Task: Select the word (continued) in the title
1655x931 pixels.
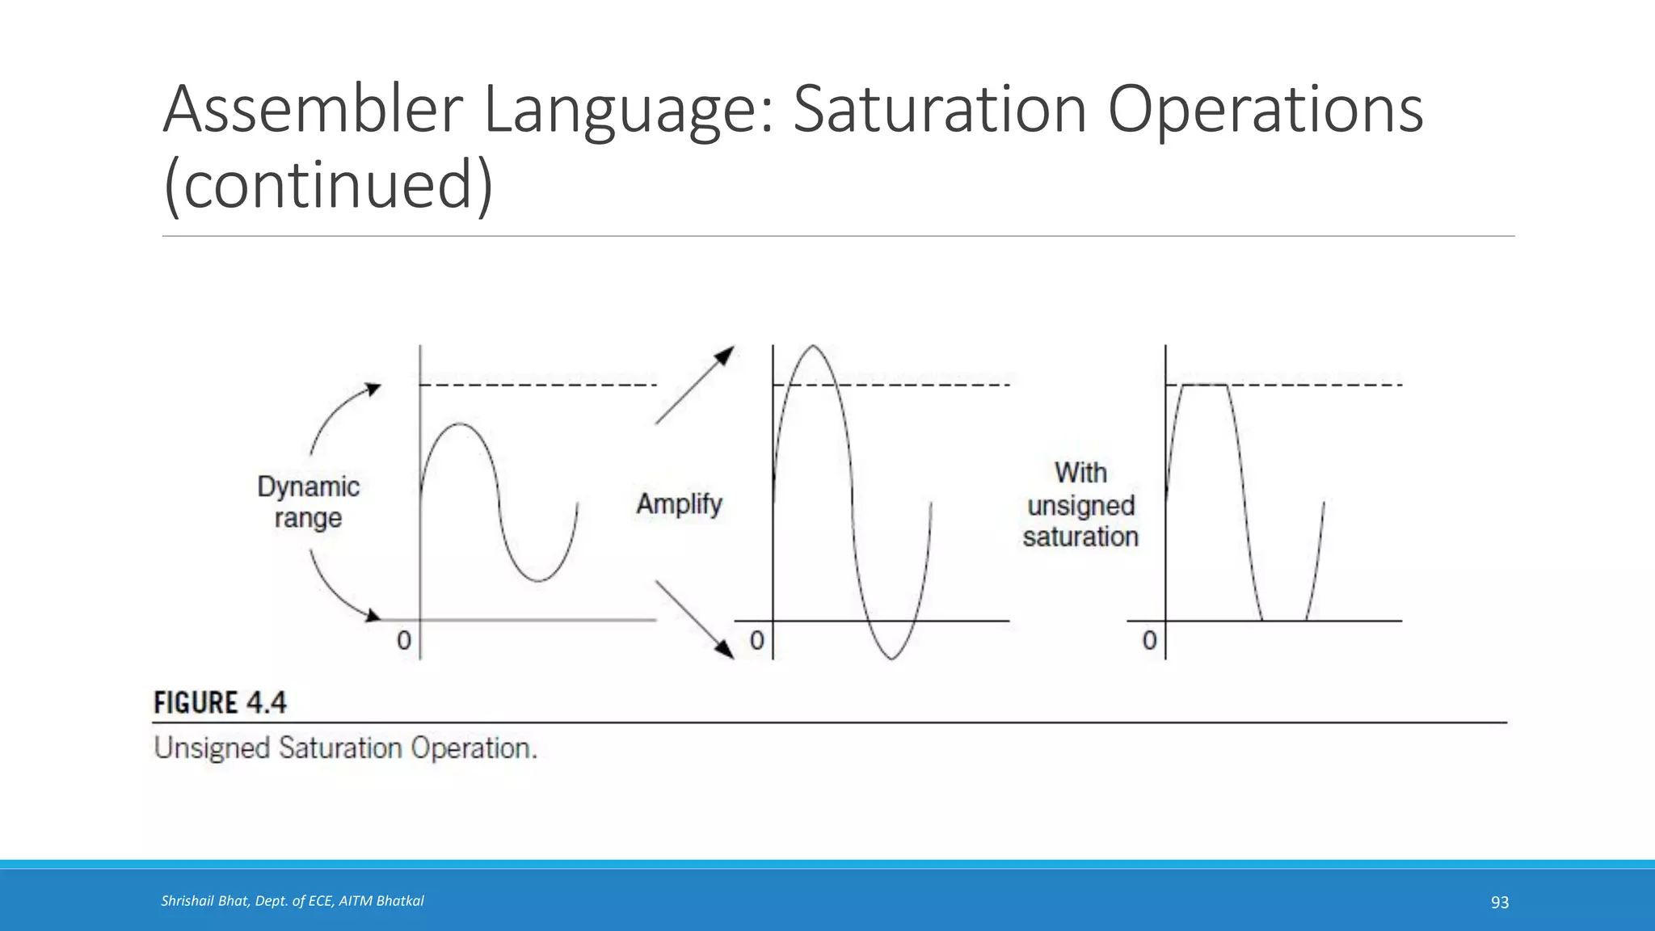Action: point(327,184)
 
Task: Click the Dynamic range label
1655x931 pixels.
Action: point(308,502)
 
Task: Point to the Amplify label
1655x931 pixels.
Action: point(679,504)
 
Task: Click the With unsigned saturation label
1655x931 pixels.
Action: point(1080,505)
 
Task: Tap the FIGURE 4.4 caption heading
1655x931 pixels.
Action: point(220,702)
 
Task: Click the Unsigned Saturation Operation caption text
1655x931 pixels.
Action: point(345,748)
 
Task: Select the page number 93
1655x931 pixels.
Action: point(1499,903)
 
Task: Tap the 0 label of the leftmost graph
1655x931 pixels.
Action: point(404,641)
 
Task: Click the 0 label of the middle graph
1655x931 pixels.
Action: point(757,641)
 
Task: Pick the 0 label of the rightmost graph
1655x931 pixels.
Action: point(1149,641)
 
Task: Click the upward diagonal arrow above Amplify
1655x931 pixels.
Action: point(694,385)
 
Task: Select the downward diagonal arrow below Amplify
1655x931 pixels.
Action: point(694,619)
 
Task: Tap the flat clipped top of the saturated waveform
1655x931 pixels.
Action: point(1205,385)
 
